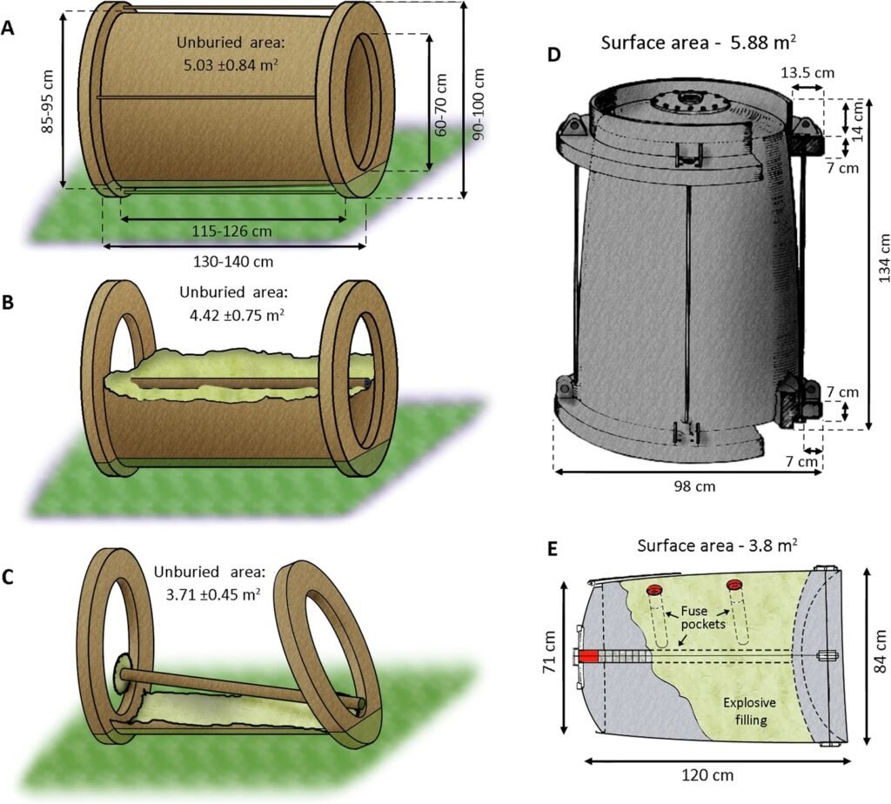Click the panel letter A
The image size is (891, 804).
[8, 28]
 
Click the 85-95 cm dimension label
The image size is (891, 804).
[48, 99]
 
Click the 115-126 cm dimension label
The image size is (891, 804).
[231, 232]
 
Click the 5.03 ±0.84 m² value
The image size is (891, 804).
[232, 64]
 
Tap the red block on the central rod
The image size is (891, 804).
[589, 655]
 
